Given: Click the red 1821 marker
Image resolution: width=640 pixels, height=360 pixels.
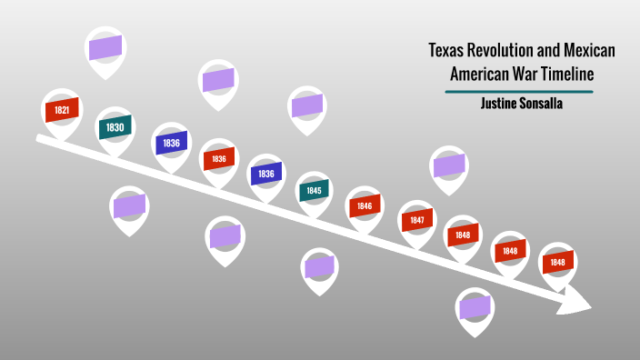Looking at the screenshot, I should [62, 110].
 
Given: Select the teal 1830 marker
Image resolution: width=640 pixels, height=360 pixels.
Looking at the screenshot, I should [115, 127].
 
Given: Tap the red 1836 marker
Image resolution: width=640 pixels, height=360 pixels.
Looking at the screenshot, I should [218, 158].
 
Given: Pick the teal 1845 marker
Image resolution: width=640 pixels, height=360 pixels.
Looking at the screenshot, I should [314, 191].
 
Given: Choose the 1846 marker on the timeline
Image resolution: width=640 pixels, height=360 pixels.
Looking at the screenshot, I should [365, 206].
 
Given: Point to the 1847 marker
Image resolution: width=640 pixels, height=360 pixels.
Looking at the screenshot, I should [416, 220].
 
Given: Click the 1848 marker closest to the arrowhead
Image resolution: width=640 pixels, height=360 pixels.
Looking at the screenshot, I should [557, 262].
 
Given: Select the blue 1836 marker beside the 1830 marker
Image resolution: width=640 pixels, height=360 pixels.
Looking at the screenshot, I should [170, 143].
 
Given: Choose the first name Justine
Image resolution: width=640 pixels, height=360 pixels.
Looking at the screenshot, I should [499, 104].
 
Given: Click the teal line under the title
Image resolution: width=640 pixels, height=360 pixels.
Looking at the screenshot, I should [519, 92].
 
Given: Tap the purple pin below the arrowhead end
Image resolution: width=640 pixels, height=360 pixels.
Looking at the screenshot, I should [475, 307].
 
